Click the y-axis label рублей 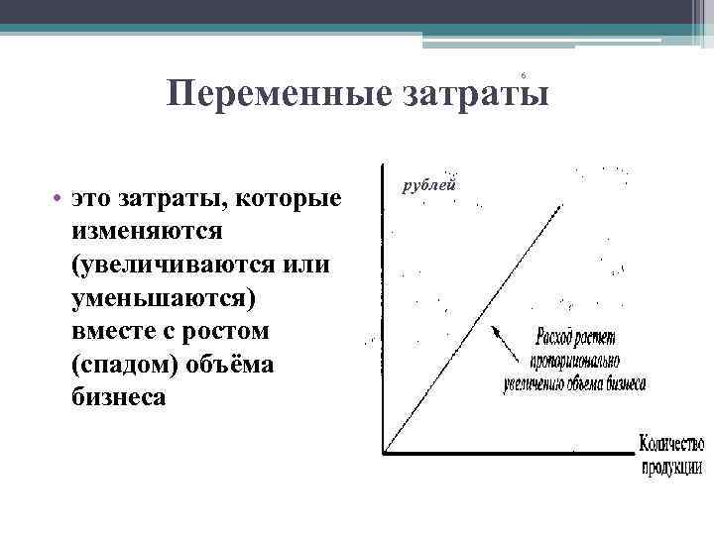click(427, 184)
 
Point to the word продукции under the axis click(672, 466)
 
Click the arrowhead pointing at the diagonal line click(496, 331)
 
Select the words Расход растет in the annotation click(578, 336)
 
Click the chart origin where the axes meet click(385, 453)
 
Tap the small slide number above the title click(522, 75)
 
